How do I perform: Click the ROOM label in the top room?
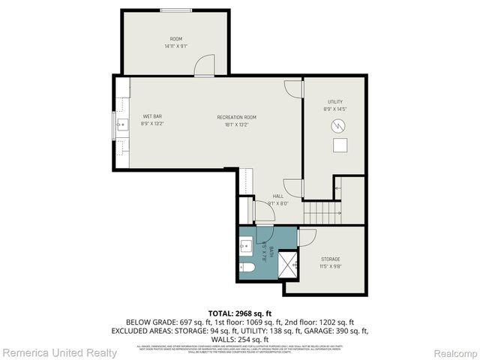click(175, 39)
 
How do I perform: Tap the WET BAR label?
click(153, 116)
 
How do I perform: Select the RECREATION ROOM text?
click(236, 117)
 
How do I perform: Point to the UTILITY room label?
click(334, 102)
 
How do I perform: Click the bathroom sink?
click(246, 244)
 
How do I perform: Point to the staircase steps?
click(319, 213)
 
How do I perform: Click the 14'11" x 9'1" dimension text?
click(175, 46)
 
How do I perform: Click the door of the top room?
click(204, 67)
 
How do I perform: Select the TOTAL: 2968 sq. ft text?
click(240, 313)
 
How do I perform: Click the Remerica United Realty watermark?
click(59, 352)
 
